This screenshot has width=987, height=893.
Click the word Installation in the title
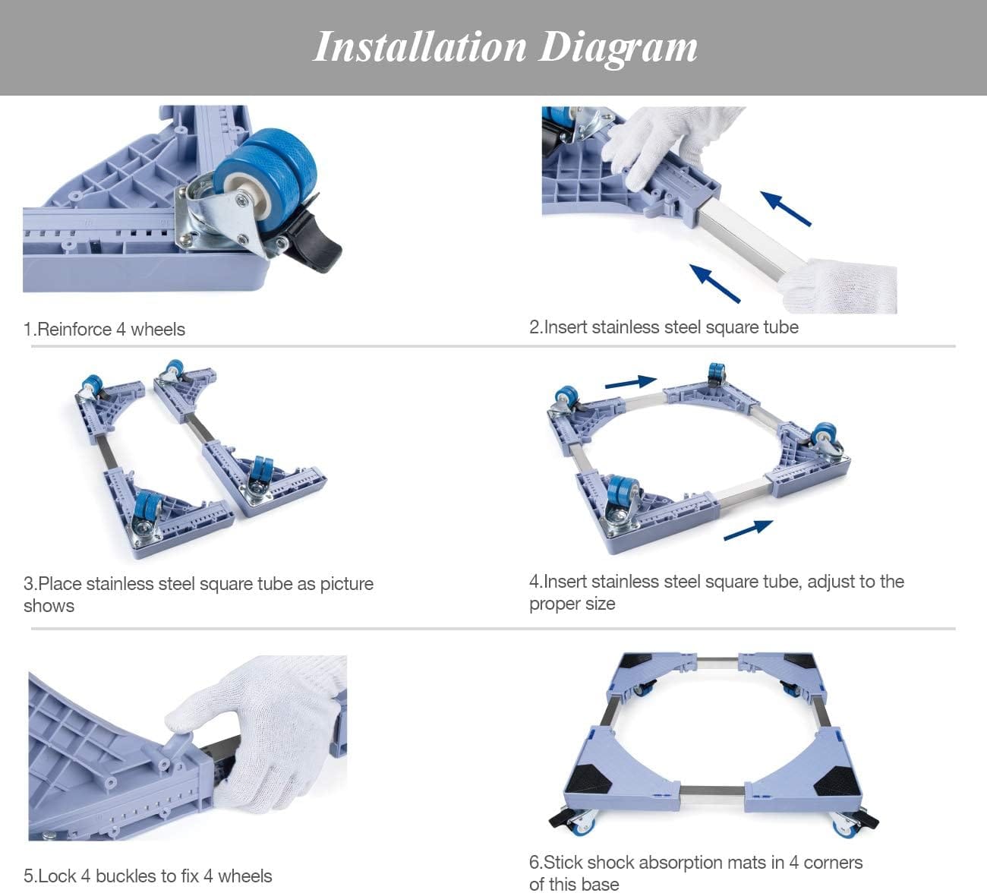[420, 47]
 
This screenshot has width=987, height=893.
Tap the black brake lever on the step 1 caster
[315, 247]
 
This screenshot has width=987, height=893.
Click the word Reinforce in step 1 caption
[74, 330]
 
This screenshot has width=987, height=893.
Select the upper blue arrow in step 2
[785, 208]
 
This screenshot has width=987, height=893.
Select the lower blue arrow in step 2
[714, 283]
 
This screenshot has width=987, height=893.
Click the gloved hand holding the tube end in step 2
[839, 287]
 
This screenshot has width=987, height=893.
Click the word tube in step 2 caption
[780, 327]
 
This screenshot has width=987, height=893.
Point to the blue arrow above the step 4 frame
[631, 381]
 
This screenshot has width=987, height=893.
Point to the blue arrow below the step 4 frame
[749, 530]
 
